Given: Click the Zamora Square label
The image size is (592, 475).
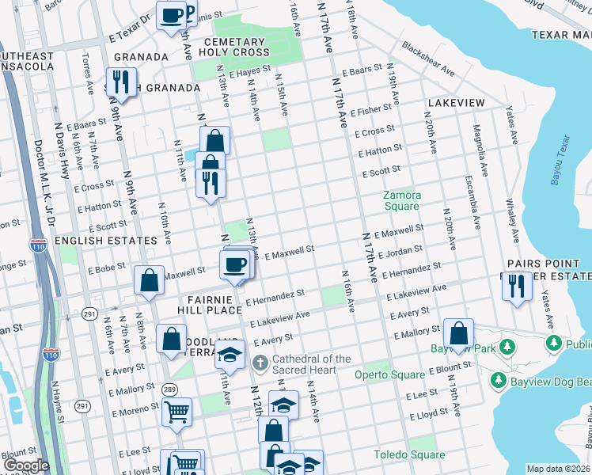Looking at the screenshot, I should [x=401, y=200].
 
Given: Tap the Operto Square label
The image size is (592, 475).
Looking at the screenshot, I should [x=378, y=374].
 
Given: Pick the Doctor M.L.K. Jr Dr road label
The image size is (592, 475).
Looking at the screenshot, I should [x=37, y=190].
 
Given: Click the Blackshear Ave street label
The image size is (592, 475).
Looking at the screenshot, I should [x=428, y=59].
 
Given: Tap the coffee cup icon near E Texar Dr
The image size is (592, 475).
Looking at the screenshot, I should [x=171, y=15].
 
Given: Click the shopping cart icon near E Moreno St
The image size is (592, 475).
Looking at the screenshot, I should [x=176, y=411].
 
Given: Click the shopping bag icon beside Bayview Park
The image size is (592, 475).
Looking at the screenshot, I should [x=458, y=332].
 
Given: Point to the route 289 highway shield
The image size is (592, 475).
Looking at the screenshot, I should [x=169, y=389].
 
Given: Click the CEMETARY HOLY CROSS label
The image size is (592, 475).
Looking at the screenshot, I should [x=233, y=47].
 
